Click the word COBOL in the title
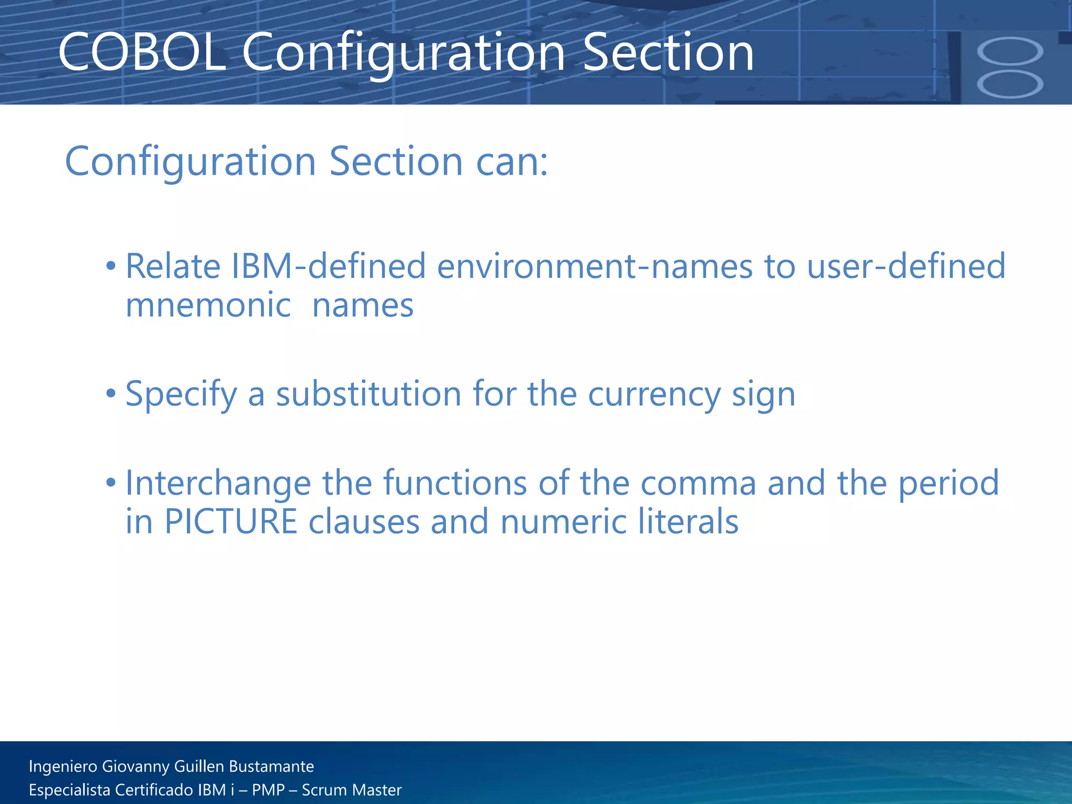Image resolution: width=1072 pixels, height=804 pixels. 141,52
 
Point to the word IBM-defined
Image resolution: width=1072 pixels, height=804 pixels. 328,266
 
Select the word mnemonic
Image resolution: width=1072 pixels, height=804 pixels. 208,305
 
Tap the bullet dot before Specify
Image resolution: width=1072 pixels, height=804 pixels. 110,393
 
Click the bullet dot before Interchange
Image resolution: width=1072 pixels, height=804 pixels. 110,482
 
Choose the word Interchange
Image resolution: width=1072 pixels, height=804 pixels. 218,483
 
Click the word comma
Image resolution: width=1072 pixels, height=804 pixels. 698,483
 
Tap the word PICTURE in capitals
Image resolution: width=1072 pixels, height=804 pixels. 231,521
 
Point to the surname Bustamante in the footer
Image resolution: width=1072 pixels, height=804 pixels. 271,766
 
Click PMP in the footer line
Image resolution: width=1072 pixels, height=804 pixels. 268,790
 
